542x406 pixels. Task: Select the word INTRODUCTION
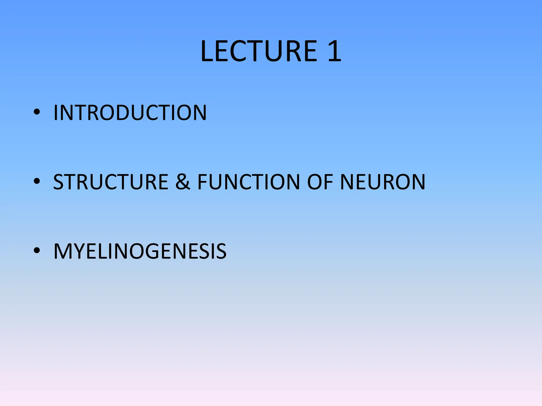click(x=130, y=113)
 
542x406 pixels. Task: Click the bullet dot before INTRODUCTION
click(x=37, y=112)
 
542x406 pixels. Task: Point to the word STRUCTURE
click(x=111, y=182)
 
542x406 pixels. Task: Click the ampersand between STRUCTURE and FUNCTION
click(x=183, y=182)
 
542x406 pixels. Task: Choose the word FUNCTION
click(x=249, y=182)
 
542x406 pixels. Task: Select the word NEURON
click(x=382, y=182)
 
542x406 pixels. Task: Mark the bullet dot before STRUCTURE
click(x=37, y=182)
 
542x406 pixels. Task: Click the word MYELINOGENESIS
click(x=140, y=251)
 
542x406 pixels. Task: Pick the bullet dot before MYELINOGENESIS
click(x=37, y=251)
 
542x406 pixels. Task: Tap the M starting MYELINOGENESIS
click(x=62, y=251)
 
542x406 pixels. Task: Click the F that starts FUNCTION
click(x=203, y=182)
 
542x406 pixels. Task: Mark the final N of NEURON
click(x=417, y=182)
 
